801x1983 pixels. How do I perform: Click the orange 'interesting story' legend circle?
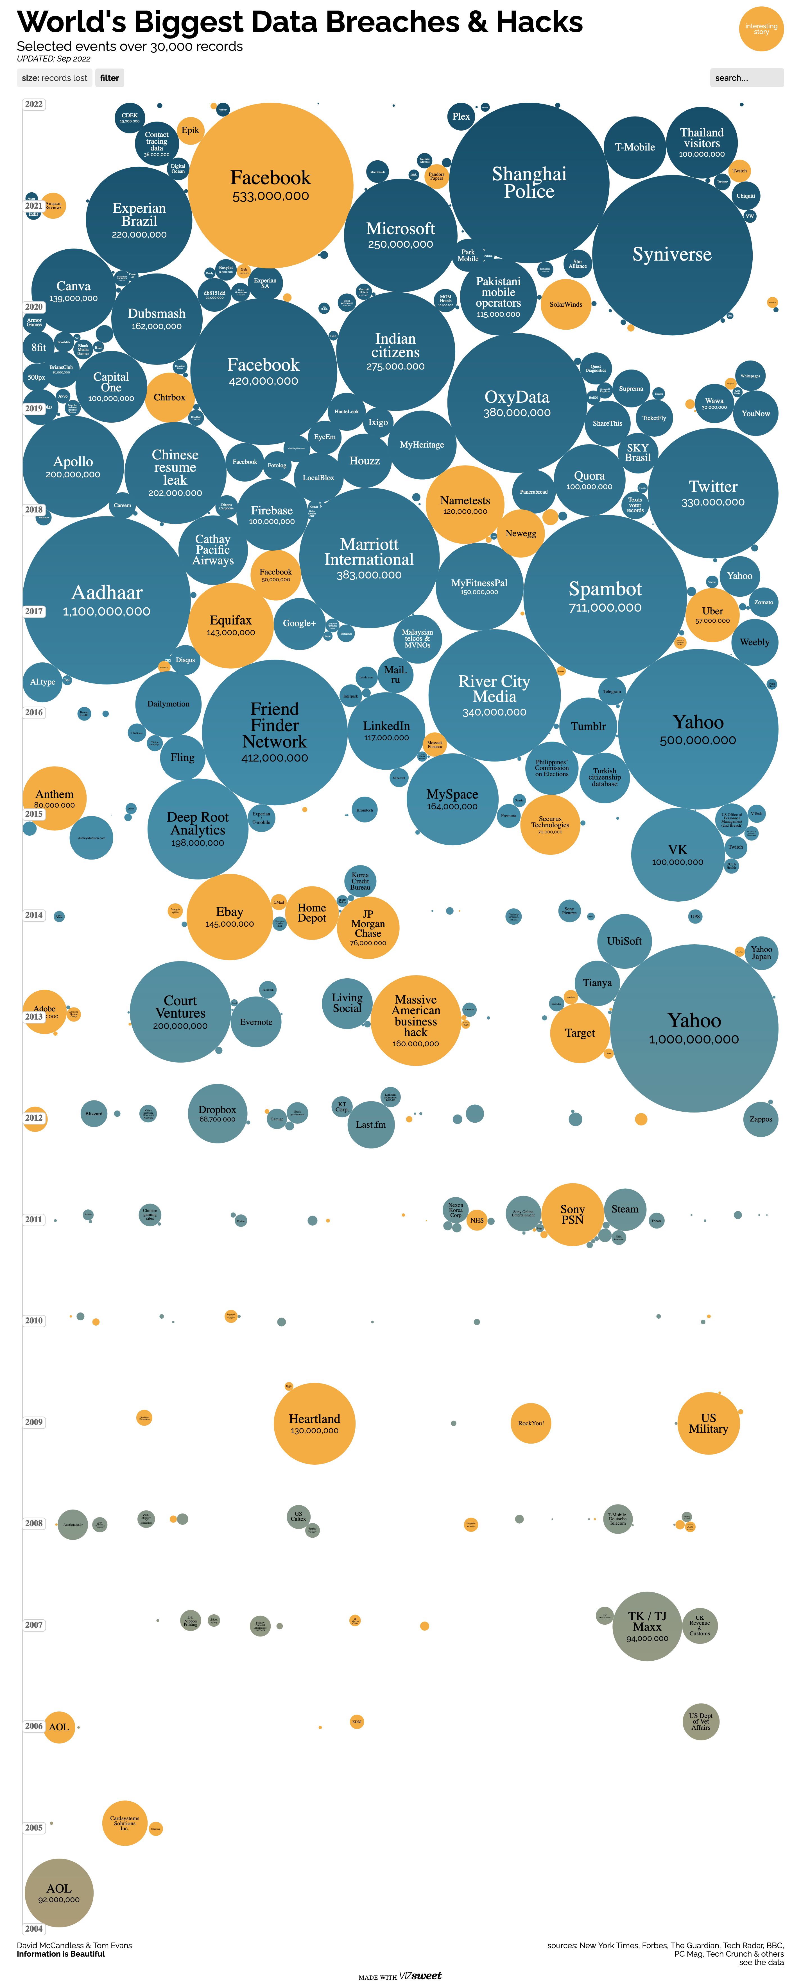pos(761,29)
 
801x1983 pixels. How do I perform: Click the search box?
pos(746,78)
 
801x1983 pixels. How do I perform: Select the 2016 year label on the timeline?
pos(34,712)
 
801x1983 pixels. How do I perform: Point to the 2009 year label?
pos(34,1422)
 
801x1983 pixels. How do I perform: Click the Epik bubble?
pos(190,130)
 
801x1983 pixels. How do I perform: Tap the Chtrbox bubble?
pos(169,397)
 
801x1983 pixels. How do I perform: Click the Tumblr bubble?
pos(589,726)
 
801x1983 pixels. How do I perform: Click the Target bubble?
pos(580,1033)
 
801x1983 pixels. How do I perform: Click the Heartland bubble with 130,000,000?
pos(314,1423)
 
